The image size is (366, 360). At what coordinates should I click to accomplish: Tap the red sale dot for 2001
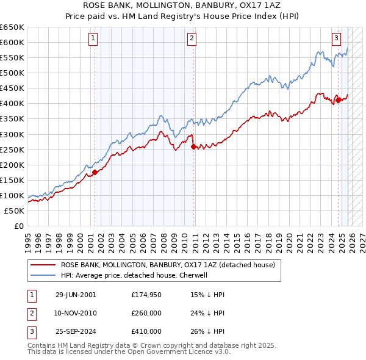pos(95,172)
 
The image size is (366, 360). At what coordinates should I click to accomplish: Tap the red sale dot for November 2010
pos(193,146)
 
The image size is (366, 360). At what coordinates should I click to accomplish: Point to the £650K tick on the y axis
pos(12,27)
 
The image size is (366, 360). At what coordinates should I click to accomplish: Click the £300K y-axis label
pos(12,134)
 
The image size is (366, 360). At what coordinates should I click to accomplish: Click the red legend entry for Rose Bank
pos(168,265)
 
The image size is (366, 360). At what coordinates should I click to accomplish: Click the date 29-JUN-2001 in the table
pos(76,295)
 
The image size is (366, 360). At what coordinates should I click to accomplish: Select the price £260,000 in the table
pos(146,313)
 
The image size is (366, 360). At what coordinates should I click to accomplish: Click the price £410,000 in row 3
pos(146,331)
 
